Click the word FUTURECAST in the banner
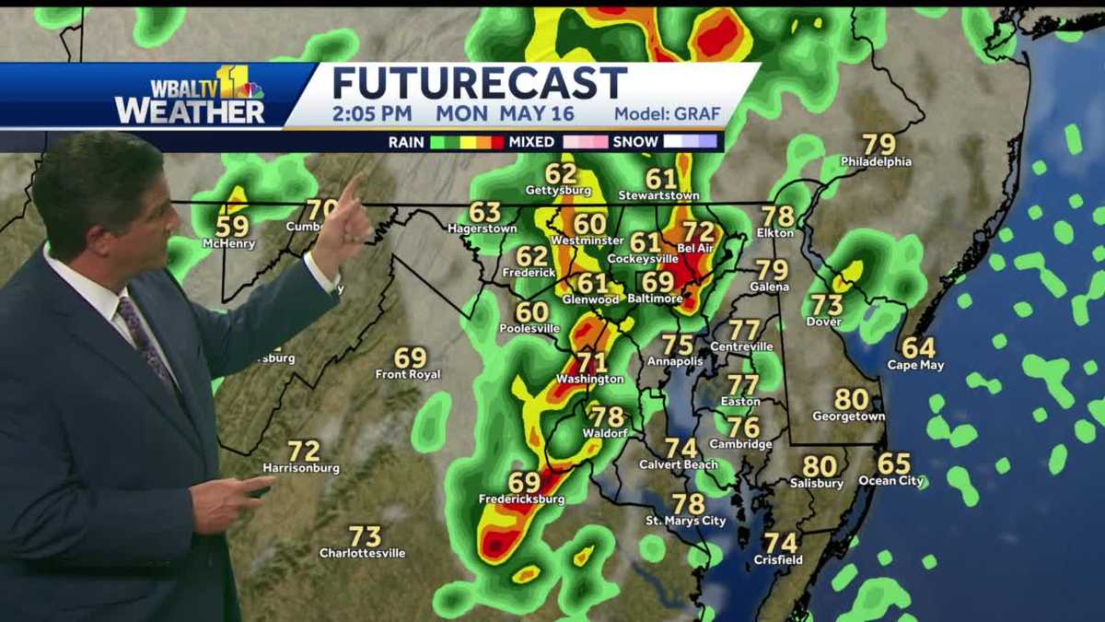[479, 83]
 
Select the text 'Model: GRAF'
[667, 115]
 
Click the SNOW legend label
[635, 142]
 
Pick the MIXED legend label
[531, 142]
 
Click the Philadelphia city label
[876, 162]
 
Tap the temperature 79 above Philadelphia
[878, 145]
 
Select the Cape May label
[915, 365]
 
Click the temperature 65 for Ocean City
[893, 464]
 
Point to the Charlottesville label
[362, 553]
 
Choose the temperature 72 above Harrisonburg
[303, 452]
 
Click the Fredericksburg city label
[521, 499]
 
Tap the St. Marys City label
[685, 522]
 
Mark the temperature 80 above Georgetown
[851, 400]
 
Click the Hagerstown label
[482, 228]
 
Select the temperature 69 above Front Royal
[410, 358]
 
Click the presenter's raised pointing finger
[352, 188]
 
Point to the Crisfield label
[778, 559]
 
